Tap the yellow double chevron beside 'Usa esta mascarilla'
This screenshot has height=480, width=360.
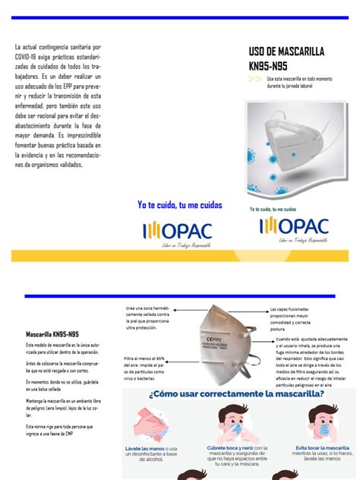pyautogui.click(x=255, y=78)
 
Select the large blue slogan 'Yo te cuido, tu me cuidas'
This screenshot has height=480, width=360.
pyautogui.click(x=180, y=205)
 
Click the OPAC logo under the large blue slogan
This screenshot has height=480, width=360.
pyautogui.click(x=178, y=229)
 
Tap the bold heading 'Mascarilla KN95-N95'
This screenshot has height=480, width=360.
pyautogui.click(x=52, y=333)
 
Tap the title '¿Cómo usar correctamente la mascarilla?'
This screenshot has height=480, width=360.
pyautogui.click(x=241, y=394)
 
